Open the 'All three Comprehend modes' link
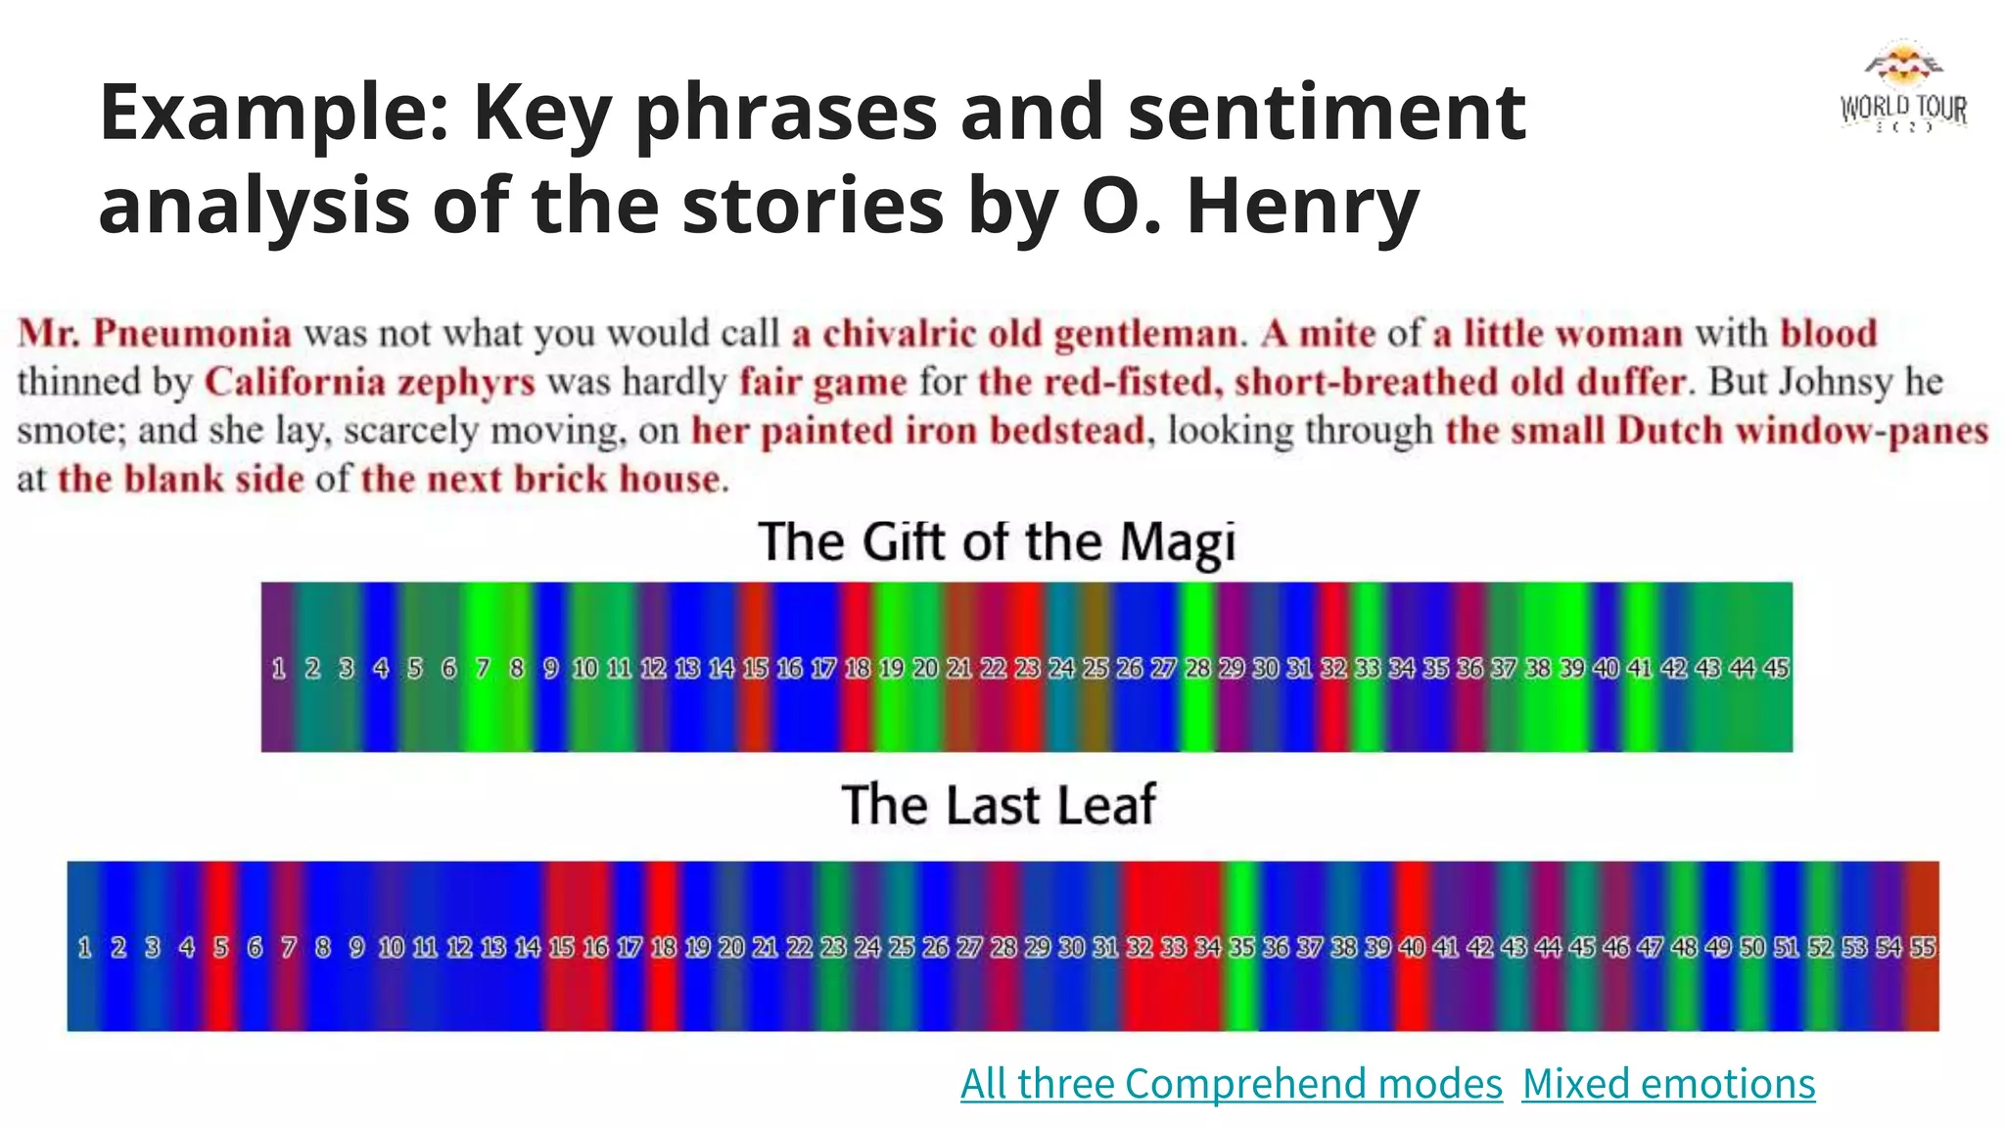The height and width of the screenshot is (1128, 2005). click(1231, 1084)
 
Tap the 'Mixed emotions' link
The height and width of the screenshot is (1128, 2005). click(1668, 1084)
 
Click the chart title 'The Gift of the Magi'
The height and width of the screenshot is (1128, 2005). click(997, 541)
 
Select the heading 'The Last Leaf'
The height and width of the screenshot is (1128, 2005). click(999, 805)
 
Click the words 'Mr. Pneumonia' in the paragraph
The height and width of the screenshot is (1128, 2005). click(155, 333)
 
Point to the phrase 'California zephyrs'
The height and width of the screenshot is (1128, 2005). click(370, 382)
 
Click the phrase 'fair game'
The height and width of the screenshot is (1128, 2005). click(822, 382)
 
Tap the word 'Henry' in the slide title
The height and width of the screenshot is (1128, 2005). click(1302, 206)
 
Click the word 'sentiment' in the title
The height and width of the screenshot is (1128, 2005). click(1327, 112)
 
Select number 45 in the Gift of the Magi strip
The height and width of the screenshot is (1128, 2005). click(1776, 668)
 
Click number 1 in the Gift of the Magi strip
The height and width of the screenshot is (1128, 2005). click(279, 668)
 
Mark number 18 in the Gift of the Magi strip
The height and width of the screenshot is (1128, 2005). click(858, 668)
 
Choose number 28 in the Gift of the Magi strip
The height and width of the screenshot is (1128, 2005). click(1198, 668)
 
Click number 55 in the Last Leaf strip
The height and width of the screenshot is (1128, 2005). click(1923, 947)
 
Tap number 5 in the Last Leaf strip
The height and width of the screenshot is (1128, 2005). click(221, 947)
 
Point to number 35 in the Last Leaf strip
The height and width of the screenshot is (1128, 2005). click(1241, 947)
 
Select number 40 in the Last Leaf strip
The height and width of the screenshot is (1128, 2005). click(1412, 947)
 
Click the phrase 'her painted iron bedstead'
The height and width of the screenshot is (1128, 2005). click(917, 431)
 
